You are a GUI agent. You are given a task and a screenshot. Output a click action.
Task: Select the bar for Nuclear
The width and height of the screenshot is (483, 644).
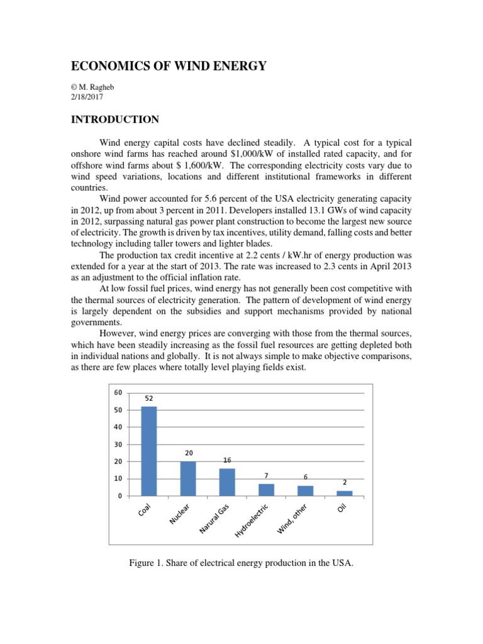[x=188, y=479]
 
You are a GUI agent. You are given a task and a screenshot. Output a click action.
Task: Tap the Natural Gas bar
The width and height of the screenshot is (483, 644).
[x=227, y=482]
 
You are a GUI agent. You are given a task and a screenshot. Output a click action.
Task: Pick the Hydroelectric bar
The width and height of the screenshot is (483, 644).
[x=266, y=490]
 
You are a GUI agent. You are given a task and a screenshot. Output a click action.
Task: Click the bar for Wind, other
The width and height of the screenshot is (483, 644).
[x=305, y=491]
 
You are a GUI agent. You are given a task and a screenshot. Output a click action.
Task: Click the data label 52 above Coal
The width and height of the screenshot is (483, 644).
[x=149, y=398]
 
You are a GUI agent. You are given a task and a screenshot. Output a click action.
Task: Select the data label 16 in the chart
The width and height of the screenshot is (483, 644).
[x=227, y=460]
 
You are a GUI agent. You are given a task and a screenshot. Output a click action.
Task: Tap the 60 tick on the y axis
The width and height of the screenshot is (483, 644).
[x=118, y=392]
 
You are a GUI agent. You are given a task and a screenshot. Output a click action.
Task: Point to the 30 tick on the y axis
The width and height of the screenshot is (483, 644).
[x=118, y=444]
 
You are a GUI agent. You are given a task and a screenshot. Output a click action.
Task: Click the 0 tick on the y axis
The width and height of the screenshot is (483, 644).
[x=119, y=496]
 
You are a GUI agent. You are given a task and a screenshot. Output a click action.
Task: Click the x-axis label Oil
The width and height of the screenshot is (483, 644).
[x=341, y=506]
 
